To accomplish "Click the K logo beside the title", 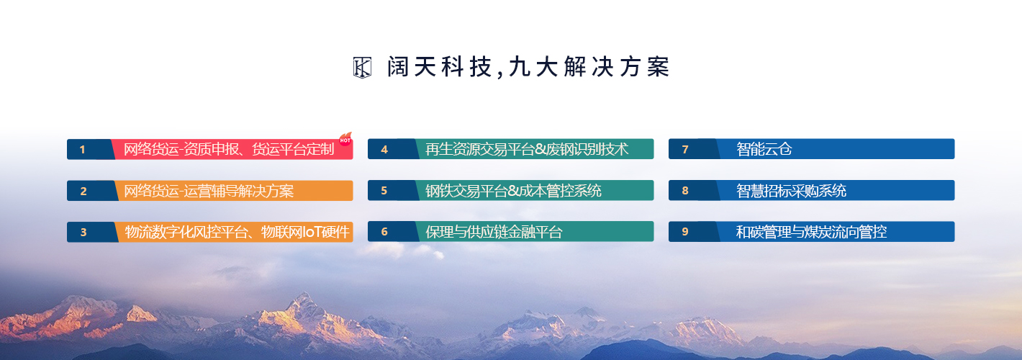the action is tap(362, 68).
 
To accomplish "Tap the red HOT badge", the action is tap(345, 139).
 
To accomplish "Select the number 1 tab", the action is tap(90, 149).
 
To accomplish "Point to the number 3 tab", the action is tap(91, 232).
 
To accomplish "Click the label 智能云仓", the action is tap(764, 149).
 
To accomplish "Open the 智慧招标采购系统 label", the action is tap(791, 191).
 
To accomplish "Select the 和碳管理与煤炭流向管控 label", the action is tap(811, 232).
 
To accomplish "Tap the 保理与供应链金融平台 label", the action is tap(494, 232).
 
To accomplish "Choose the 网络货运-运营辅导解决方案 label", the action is tap(209, 191).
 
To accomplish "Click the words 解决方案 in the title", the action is tap(617, 67).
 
